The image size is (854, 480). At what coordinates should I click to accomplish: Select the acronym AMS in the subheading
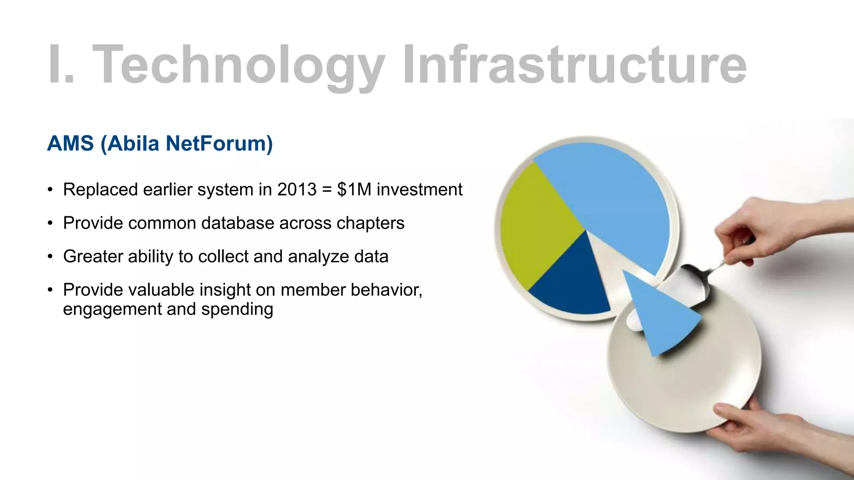[x=70, y=143]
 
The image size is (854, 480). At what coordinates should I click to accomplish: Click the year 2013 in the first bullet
[x=297, y=190]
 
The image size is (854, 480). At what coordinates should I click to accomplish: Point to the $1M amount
[x=354, y=190]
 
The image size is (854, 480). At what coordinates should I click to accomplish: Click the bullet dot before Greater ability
[x=50, y=257]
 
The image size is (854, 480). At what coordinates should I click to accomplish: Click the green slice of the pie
[x=536, y=225]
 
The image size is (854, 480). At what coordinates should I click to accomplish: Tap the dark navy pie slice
[x=571, y=283]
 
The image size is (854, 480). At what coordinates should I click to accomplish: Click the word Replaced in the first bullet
[x=100, y=190]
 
